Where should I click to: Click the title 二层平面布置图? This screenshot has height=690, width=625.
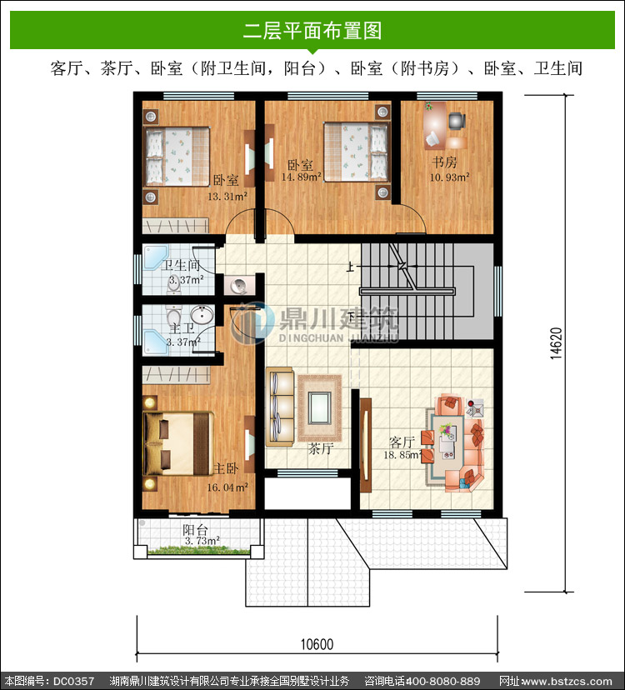pos(312,30)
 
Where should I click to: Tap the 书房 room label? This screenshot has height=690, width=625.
pos(444,162)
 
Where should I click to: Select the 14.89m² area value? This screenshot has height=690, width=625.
pos(302,177)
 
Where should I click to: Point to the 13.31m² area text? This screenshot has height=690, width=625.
pos(227,197)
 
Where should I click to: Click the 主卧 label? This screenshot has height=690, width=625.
pos(226,468)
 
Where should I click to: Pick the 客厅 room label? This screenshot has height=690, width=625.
pos(402,442)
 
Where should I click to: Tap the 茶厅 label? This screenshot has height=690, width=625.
pos(321,448)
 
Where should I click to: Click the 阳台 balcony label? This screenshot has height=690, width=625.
pos(196,530)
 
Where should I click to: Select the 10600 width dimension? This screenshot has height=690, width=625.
pos(317,645)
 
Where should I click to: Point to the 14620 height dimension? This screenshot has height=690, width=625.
pos(557,343)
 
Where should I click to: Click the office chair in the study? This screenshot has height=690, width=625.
pos(457,121)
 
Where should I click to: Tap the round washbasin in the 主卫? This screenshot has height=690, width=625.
pos(202,315)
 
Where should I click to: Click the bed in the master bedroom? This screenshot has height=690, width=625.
pos(177,443)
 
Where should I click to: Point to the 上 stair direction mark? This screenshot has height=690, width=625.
pos(350,267)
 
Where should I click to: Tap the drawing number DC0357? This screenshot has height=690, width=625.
pos(74,681)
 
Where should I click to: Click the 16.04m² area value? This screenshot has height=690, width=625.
pos(227,487)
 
